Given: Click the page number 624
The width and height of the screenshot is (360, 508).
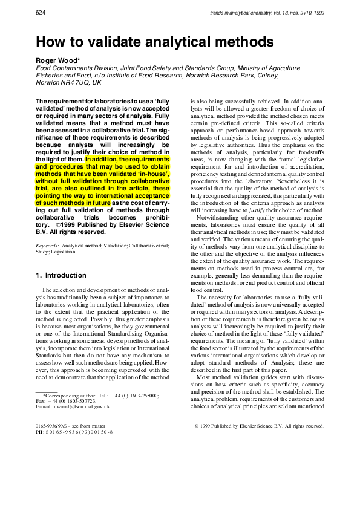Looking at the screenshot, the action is (x=41, y=12).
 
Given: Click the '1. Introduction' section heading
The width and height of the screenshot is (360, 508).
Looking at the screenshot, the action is (x=61, y=275).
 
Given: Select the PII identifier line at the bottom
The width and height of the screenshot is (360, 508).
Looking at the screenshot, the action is (x=74, y=432).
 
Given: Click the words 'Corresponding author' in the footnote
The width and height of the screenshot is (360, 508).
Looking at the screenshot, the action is (x=68, y=395).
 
